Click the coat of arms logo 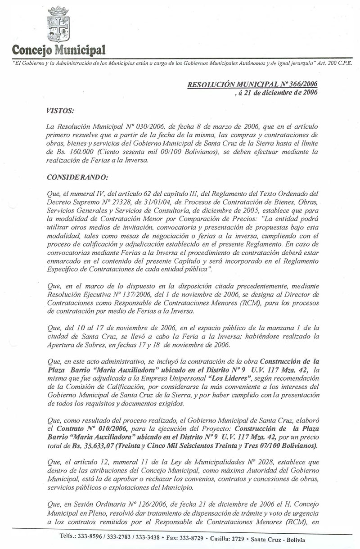(58, 24)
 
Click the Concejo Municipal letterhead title (59, 49)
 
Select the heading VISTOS (60, 110)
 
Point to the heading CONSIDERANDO (76, 178)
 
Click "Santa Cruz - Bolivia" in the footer (279, 539)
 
